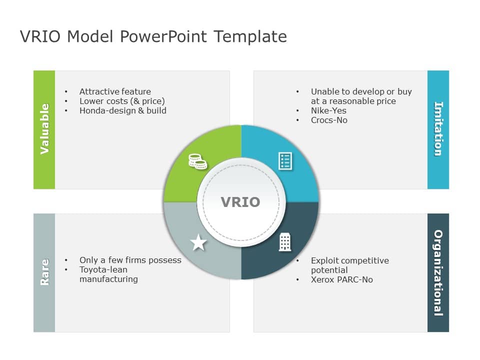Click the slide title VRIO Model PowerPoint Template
click(x=153, y=36)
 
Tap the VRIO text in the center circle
click(x=240, y=201)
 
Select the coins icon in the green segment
click(x=197, y=161)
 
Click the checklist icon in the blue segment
click(x=285, y=161)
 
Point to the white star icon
click(x=198, y=243)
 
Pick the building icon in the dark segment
click(x=285, y=242)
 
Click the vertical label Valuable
click(x=44, y=129)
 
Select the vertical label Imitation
click(x=438, y=129)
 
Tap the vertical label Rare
click(x=44, y=272)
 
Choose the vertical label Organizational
click(x=438, y=272)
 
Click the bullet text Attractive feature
click(x=115, y=91)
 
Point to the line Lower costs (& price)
click(x=122, y=101)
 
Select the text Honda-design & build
click(x=123, y=110)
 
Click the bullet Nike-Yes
click(x=328, y=110)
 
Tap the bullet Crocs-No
click(x=329, y=120)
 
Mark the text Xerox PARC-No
click(x=342, y=279)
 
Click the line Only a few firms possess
click(x=130, y=260)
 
